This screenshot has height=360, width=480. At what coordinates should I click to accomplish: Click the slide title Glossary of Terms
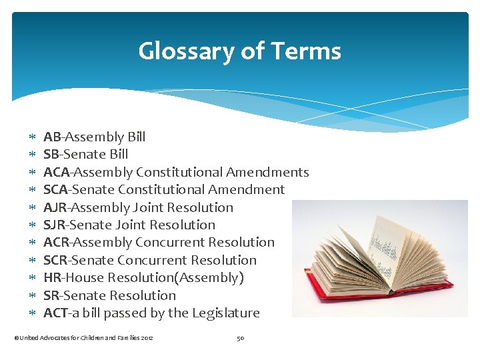click(x=239, y=51)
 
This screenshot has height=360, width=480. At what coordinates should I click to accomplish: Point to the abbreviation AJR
click(x=55, y=208)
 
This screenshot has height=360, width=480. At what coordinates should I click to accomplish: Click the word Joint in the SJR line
click(x=129, y=225)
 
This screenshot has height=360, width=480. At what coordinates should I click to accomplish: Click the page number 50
click(x=240, y=339)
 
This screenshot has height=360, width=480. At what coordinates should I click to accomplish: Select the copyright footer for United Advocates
click(x=83, y=339)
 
